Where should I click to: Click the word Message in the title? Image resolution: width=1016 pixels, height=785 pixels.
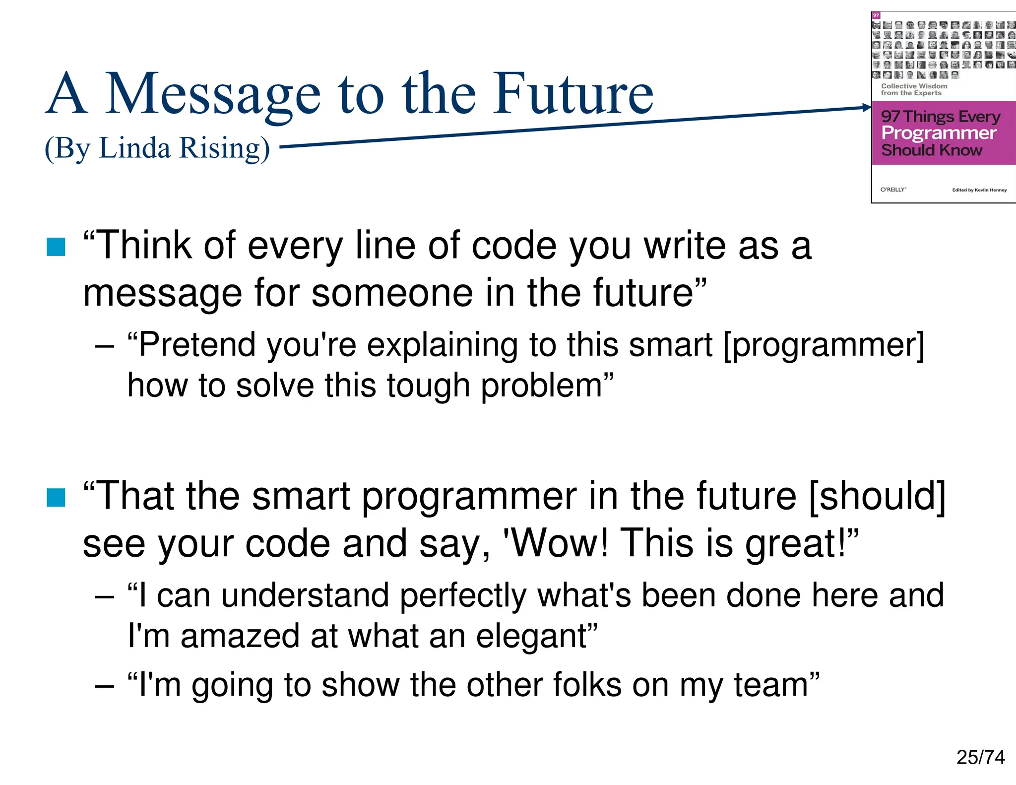(213, 94)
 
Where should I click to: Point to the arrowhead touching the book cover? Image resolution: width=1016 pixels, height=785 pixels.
(867, 107)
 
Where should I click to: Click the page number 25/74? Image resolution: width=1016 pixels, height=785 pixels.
(980, 757)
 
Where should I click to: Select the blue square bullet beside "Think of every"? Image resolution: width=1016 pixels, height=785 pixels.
(56, 247)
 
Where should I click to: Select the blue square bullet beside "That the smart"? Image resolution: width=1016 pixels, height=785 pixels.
(56, 497)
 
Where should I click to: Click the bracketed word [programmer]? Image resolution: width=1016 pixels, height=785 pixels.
(824, 345)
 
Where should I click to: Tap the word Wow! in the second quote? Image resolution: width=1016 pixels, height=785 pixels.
(556, 543)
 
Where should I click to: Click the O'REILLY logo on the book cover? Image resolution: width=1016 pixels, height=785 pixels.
(893, 190)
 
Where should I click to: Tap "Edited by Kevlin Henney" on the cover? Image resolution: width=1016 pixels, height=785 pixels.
(979, 190)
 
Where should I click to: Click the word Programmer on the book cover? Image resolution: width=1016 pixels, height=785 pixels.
(939, 133)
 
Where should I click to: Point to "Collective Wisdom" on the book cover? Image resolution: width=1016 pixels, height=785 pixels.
(914, 86)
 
